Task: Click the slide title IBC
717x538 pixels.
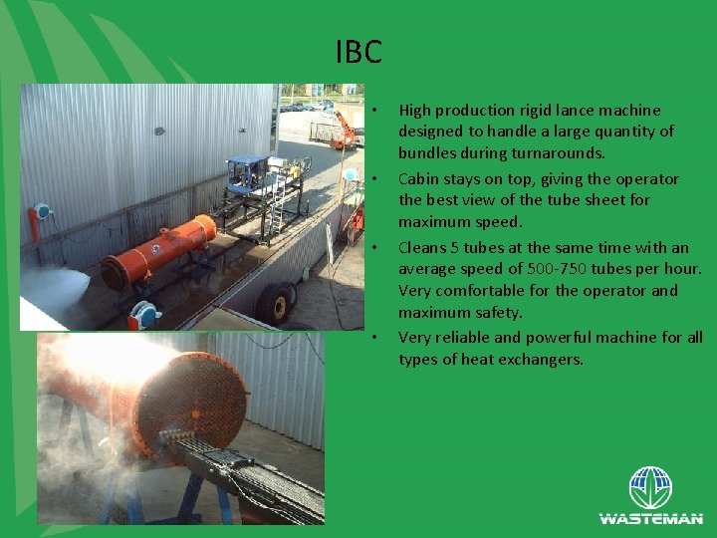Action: coord(358,52)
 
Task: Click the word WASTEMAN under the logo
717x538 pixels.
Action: coord(650,519)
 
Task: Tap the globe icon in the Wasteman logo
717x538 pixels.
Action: coord(650,488)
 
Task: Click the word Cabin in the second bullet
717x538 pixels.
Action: coord(419,179)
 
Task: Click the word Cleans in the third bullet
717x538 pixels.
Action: coord(423,247)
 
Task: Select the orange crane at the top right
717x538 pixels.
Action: coord(344,127)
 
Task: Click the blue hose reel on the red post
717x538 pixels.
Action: coord(41,214)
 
